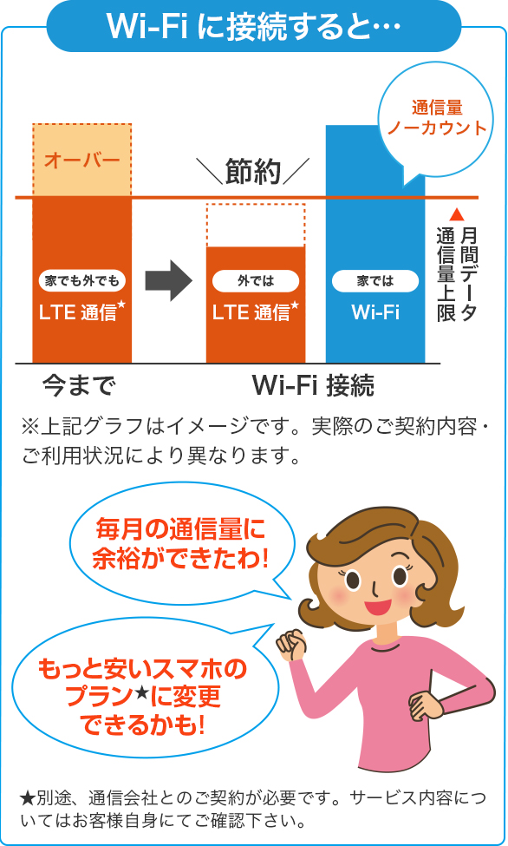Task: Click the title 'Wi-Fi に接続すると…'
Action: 253,25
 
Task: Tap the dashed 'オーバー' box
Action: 82,160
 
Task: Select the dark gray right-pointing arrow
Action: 169,280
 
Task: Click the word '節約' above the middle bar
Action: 253,171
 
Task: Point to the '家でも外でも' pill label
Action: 82,280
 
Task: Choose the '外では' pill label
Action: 256,280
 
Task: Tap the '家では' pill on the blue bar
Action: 375,281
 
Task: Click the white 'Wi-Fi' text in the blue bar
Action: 375,312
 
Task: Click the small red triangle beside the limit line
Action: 457,214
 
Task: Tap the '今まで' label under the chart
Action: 79,385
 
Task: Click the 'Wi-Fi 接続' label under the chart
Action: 313,385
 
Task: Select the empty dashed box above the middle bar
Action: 256,226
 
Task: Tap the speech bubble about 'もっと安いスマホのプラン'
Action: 143,695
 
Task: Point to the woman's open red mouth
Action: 377,606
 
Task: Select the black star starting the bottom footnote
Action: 28,797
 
